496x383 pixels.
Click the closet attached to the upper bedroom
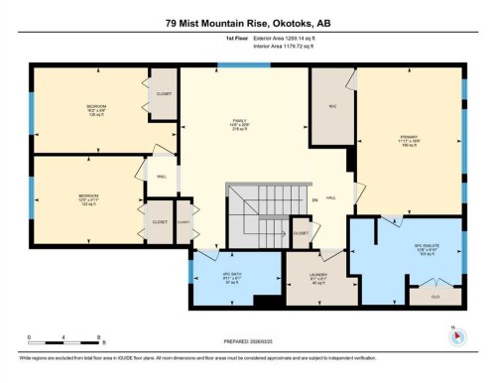coord(164,95)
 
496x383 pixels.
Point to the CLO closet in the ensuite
coord(434,296)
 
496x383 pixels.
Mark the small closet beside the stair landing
coord(302,233)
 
